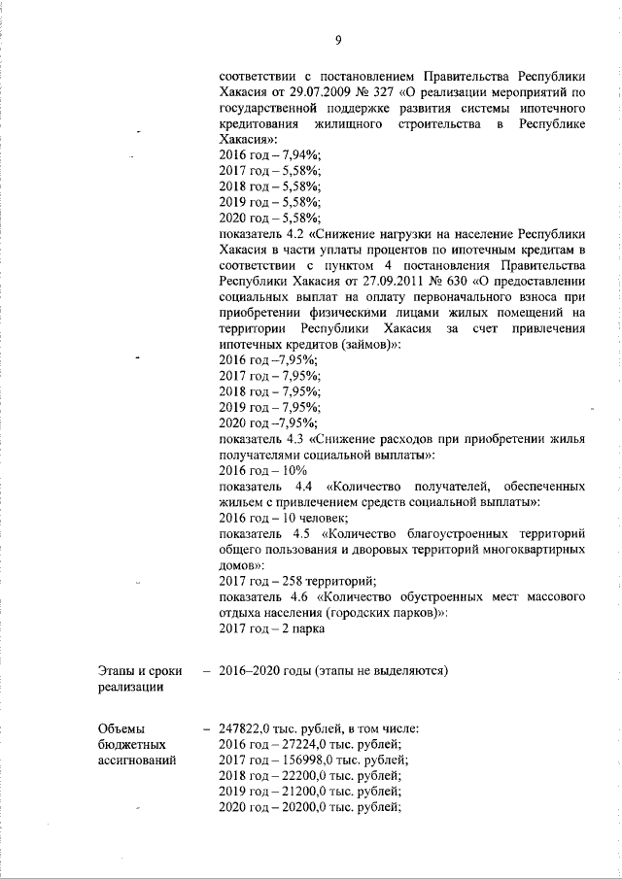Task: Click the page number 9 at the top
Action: [x=338, y=40]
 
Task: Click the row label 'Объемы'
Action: [x=122, y=727]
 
